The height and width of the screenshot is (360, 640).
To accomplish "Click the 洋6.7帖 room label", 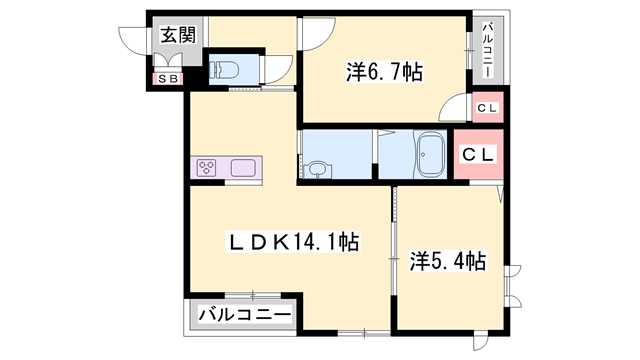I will coord(384,72).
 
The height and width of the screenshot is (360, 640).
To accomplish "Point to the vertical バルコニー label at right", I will coord(487,48).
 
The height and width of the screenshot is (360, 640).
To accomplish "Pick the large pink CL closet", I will coord(478,154).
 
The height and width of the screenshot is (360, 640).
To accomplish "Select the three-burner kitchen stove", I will coord(208,168).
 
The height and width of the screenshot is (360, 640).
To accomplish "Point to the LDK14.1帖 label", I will coord(282,242).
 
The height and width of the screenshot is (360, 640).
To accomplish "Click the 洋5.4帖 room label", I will coord(448,262).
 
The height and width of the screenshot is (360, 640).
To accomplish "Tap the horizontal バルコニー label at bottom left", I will coord(244,316).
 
